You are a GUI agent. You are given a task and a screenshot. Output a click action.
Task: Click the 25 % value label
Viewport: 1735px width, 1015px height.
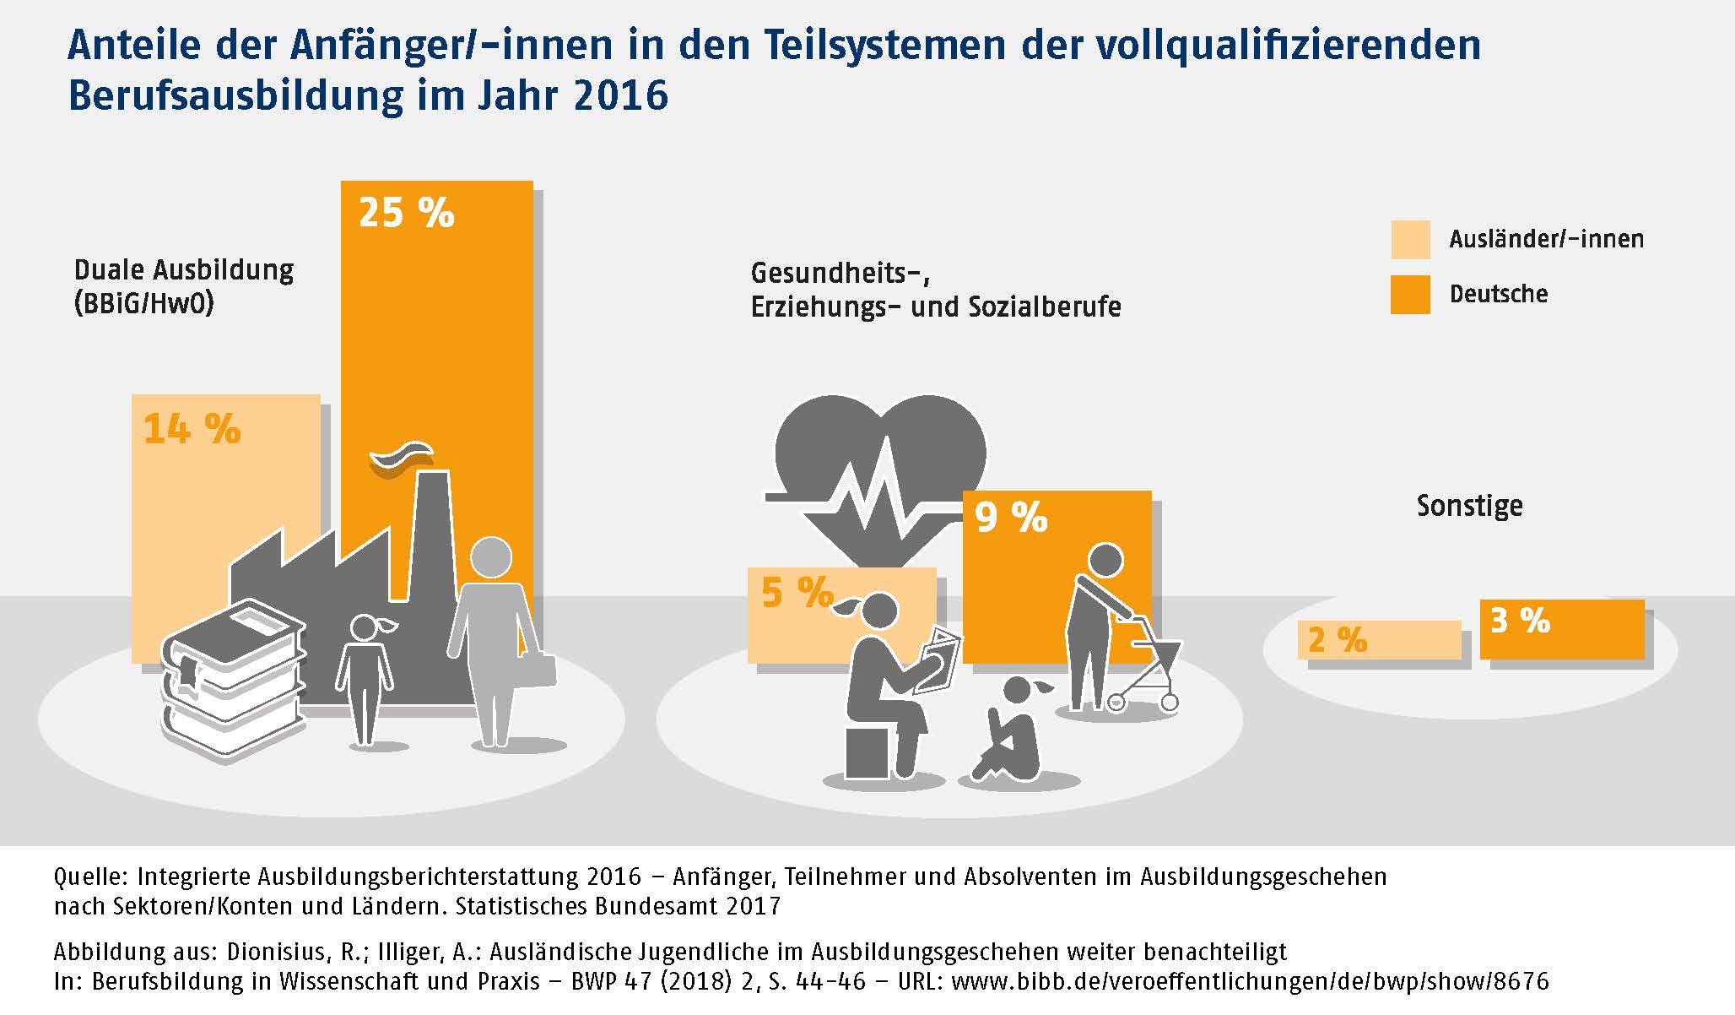pyautogui.click(x=406, y=213)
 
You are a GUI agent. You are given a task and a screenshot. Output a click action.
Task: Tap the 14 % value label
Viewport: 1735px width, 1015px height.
pyautogui.click(x=192, y=429)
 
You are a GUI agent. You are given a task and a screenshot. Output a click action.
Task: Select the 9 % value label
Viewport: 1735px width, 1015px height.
pyautogui.click(x=1010, y=517)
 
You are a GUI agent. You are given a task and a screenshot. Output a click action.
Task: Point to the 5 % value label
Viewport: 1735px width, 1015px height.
pyautogui.click(x=797, y=593)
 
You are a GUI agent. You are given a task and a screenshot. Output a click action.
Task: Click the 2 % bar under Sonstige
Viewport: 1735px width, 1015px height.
pyautogui.click(x=1379, y=640)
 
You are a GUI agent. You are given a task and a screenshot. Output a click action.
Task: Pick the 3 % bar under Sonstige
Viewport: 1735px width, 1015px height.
pyautogui.click(x=1561, y=628)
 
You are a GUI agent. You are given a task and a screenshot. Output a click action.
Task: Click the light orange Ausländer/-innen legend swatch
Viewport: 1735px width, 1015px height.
pyautogui.click(x=1410, y=240)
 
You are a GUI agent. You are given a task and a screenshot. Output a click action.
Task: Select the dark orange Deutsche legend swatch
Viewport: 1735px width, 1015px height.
pyautogui.click(x=1410, y=295)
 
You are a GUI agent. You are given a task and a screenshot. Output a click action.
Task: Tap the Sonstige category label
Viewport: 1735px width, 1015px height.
pyautogui.click(x=1469, y=506)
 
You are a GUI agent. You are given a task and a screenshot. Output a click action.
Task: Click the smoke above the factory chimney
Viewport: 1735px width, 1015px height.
pyautogui.click(x=402, y=459)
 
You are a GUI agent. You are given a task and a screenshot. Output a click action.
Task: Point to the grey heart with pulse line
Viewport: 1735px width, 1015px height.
pyautogui.click(x=879, y=473)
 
